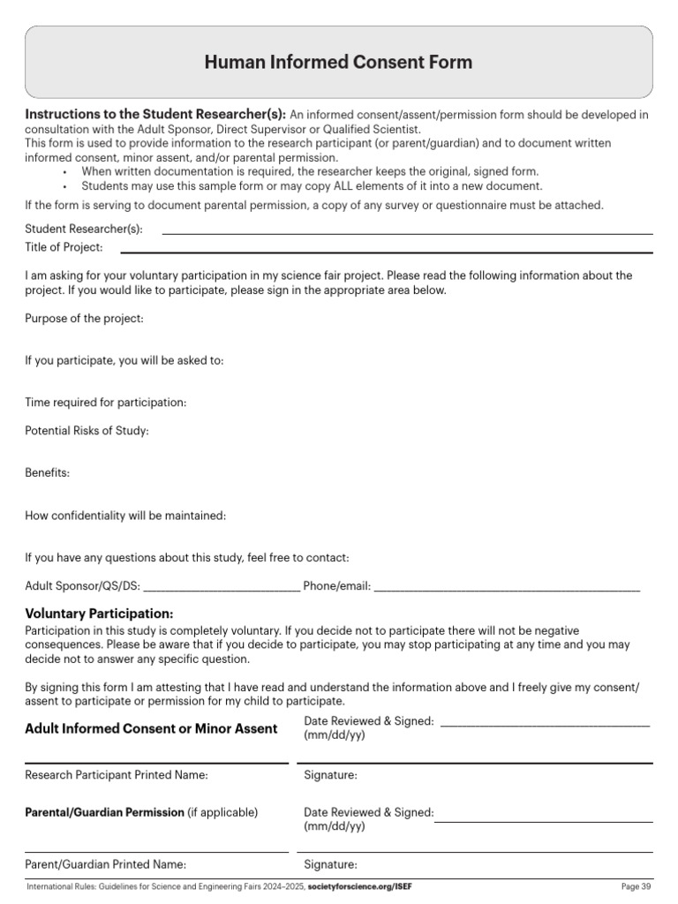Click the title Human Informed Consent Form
click(338, 62)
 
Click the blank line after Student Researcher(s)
click(407, 233)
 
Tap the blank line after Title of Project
click(407, 252)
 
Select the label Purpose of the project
click(84, 319)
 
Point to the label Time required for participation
click(106, 403)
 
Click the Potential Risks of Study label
click(87, 431)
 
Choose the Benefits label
click(47, 473)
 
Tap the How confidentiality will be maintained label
click(125, 516)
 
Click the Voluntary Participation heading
click(99, 614)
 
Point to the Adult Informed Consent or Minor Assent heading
click(151, 728)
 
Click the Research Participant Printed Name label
click(117, 775)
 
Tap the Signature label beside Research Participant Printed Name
click(330, 775)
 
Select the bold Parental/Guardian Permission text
click(104, 812)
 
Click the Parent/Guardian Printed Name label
click(105, 864)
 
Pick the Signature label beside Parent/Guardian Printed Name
click(330, 864)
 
